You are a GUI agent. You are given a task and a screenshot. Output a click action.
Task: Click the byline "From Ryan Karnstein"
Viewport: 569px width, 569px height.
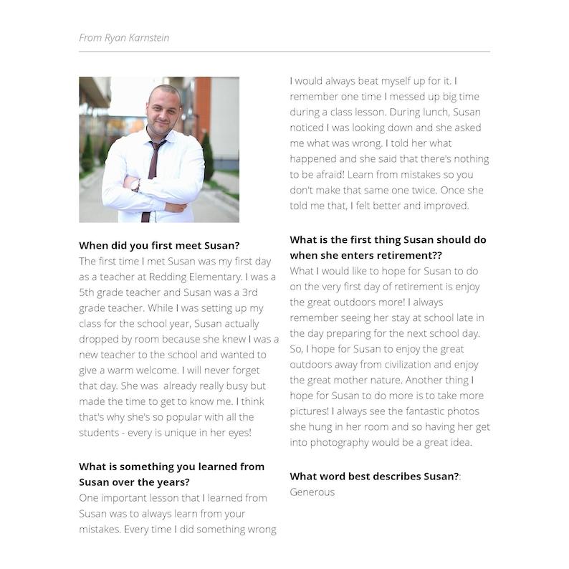pyautogui.click(x=124, y=37)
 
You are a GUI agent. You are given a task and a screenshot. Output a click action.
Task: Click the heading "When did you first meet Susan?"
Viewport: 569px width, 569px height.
pyautogui.click(x=159, y=245)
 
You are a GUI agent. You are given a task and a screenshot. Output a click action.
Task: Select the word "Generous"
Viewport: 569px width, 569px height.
pyautogui.click(x=312, y=492)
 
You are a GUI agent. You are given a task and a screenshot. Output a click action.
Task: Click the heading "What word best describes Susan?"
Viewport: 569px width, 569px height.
pyautogui.click(x=374, y=476)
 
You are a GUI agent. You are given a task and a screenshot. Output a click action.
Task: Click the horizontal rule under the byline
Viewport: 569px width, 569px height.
pyautogui.click(x=284, y=52)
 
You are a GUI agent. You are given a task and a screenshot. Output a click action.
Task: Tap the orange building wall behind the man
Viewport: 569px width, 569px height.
pyautogui.click(x=202, y=107)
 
